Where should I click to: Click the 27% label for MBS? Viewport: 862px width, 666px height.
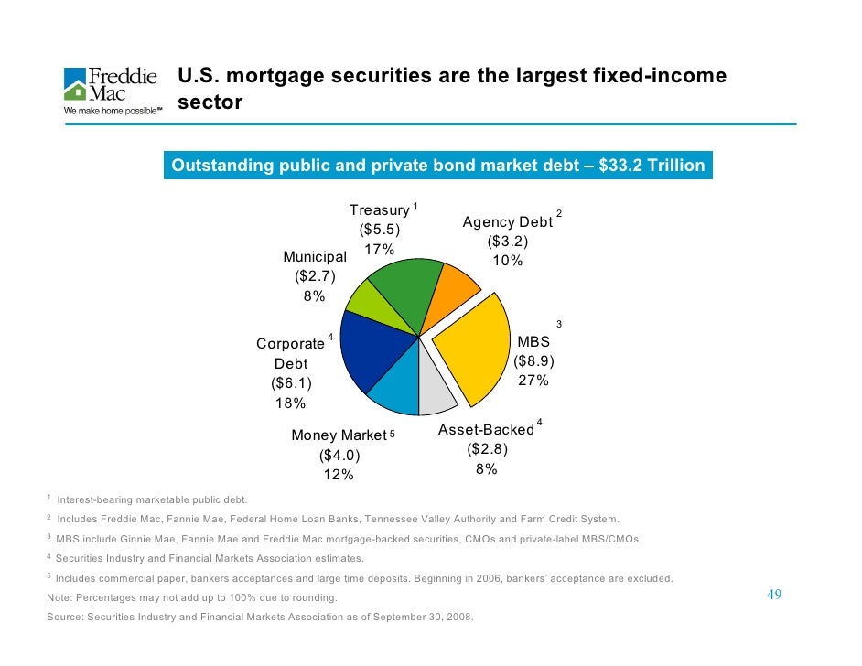(533, 381)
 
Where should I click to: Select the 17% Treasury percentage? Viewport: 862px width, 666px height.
(379, 250)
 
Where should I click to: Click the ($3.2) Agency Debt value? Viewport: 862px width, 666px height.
(507, 242)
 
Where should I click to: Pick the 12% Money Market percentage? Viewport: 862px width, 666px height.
(339, 474)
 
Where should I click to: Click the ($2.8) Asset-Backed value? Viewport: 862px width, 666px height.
(487, 449)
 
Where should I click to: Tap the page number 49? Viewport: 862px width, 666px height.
(774, 596)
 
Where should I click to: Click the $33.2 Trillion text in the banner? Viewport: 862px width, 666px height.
(652, 166)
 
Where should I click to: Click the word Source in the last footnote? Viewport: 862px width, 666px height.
(64, 618)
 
